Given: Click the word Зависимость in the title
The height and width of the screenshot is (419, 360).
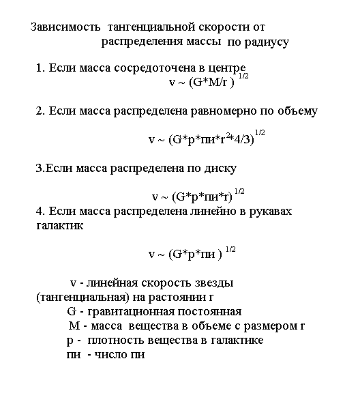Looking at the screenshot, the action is (66, 27).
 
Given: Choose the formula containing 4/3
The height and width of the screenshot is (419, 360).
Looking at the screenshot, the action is (201, 139).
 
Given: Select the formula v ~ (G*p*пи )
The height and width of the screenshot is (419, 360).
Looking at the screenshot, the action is (186, 254).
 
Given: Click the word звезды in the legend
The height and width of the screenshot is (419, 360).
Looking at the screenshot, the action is (215, 283).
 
